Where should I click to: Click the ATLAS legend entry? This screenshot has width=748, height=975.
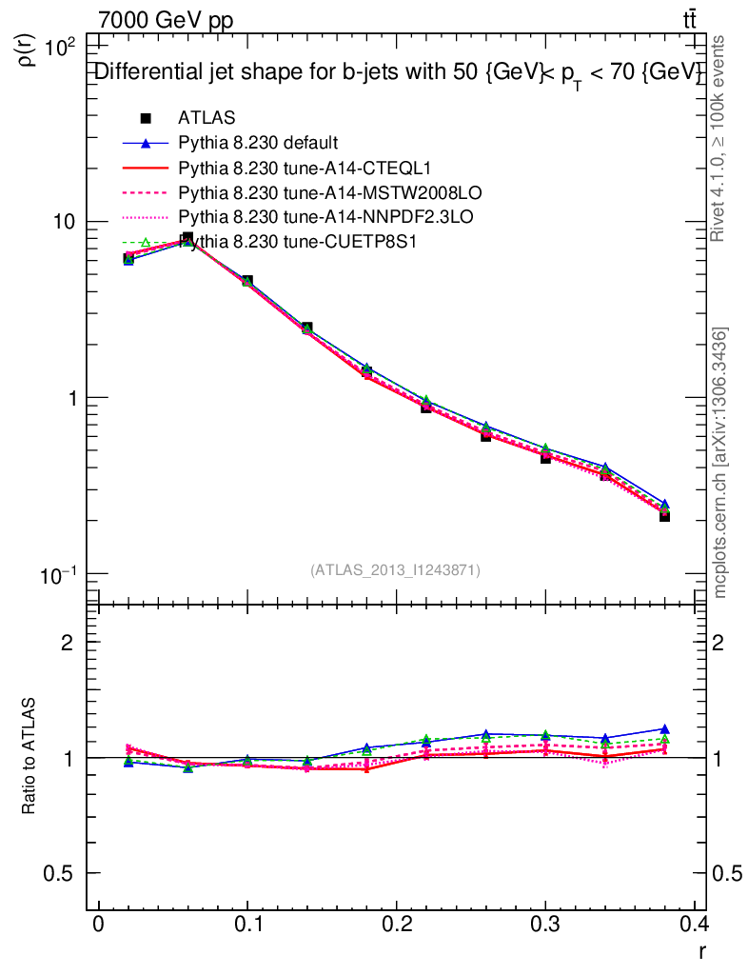207,119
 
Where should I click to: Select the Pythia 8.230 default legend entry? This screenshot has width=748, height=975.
258,144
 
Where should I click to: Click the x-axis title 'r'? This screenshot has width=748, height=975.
702,950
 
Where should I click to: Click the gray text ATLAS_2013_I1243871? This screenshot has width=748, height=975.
395,570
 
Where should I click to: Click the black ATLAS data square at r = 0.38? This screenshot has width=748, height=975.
664,515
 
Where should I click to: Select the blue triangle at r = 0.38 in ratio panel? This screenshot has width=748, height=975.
664,729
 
